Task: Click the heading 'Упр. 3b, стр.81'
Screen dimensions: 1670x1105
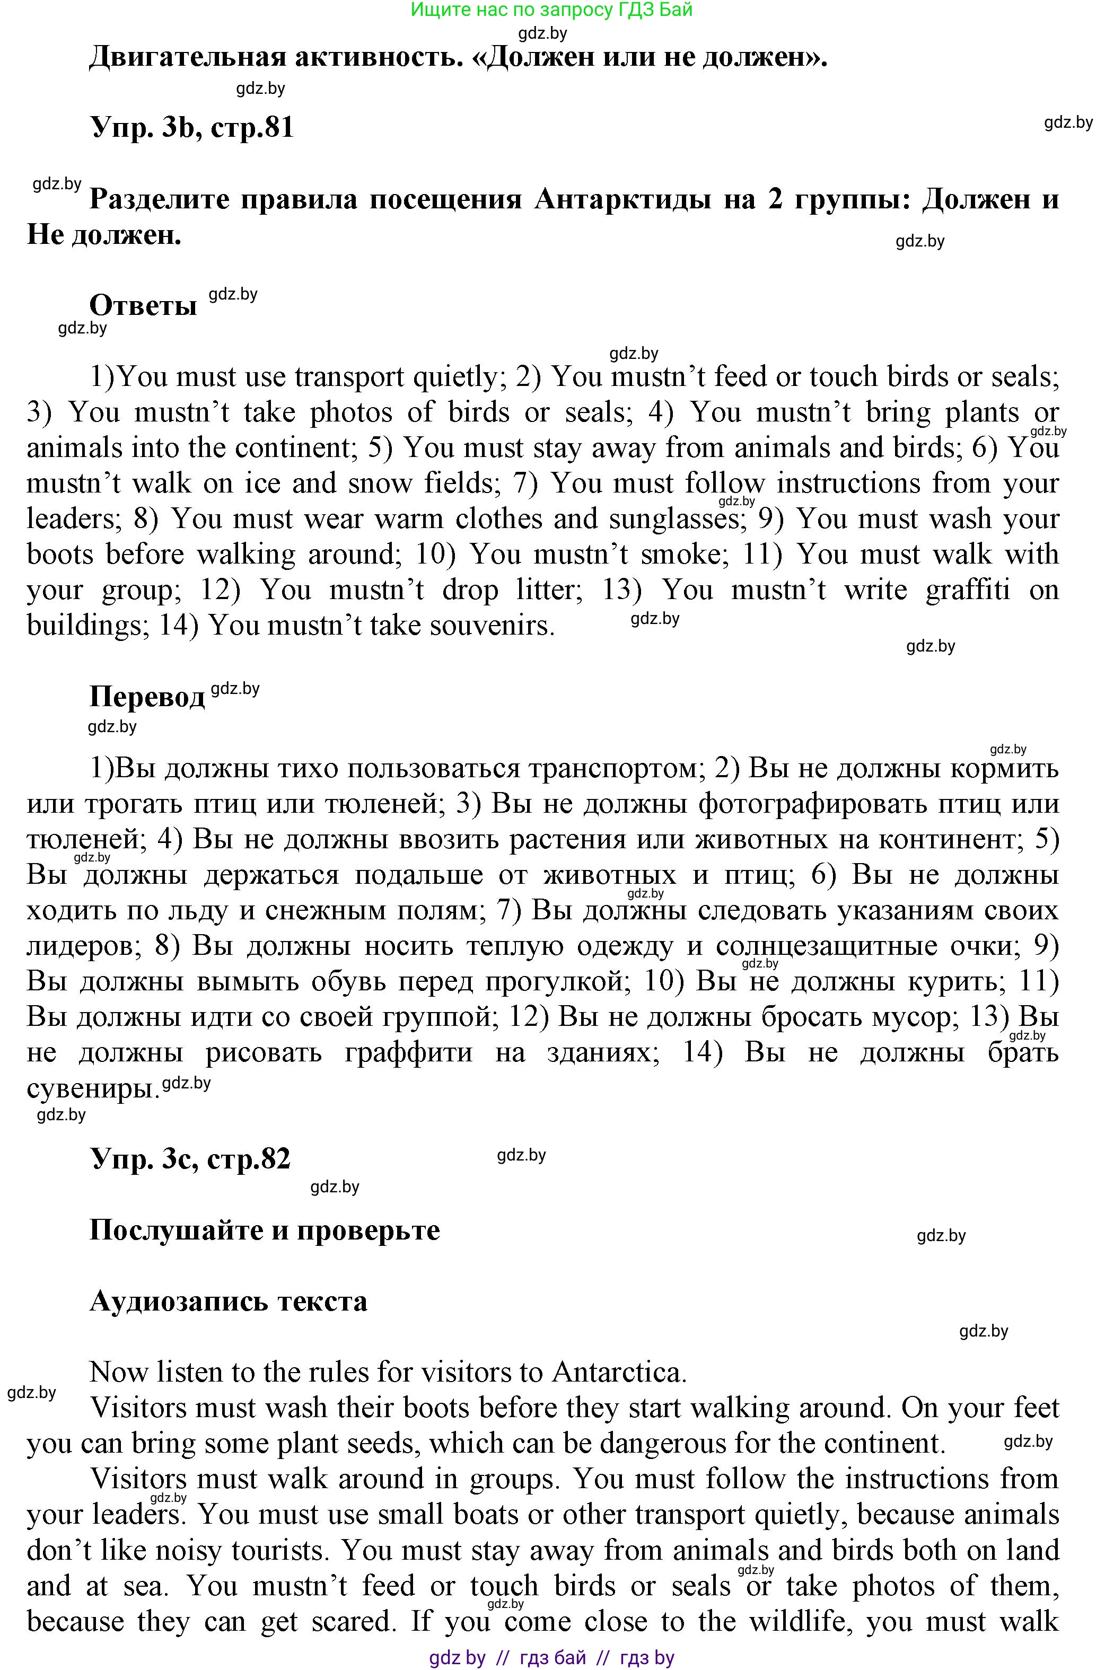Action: [192, 128]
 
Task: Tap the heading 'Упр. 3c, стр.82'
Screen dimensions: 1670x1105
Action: [190, 1159]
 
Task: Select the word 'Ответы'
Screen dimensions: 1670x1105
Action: [143, 305]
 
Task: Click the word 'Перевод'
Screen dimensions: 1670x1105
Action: [146, 696]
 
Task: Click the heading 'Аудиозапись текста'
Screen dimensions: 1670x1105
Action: [229, 1301]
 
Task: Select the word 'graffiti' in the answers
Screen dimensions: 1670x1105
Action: [967, 589]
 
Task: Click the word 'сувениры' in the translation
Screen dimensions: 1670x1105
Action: [90, 1088]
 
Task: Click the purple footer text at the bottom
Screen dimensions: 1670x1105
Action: [552, 1658]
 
